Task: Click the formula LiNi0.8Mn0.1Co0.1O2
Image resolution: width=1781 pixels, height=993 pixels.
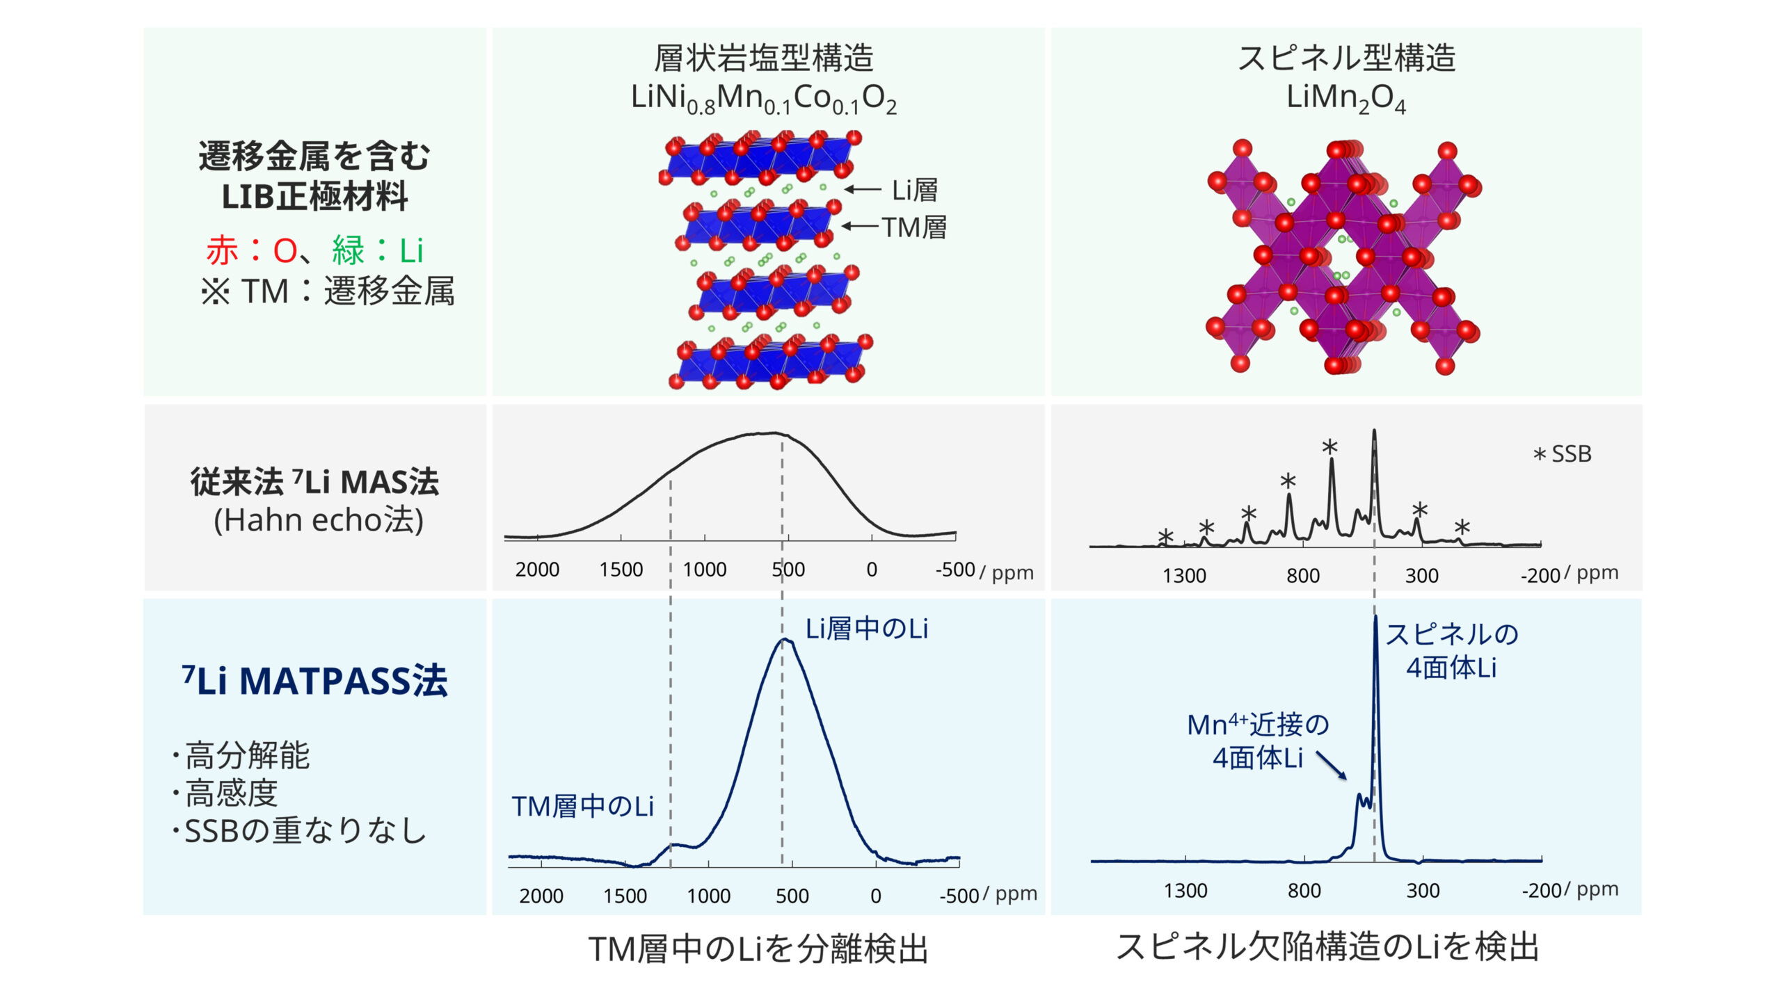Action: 763,98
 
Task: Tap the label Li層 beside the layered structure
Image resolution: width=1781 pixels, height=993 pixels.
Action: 914,190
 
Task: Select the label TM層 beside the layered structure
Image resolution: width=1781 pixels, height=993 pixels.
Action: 914,227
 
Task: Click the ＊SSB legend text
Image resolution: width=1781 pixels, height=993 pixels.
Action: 1563,454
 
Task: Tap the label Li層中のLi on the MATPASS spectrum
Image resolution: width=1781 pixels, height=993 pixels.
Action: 867,629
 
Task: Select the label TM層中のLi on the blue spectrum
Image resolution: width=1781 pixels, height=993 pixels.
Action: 583,807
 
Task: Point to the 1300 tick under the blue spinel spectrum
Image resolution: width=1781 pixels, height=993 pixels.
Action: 1185,891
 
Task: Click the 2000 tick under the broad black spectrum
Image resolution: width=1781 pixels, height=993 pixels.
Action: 537,570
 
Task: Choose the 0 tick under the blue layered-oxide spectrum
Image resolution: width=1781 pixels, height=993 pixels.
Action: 875,896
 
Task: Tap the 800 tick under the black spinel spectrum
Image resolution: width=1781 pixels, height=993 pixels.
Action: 1302,576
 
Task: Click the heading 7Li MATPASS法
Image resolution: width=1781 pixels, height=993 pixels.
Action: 314,681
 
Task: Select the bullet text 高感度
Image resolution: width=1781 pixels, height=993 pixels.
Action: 231,793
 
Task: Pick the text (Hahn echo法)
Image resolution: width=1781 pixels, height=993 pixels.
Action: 319,520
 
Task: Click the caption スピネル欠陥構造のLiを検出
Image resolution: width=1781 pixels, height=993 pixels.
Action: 1327,947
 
